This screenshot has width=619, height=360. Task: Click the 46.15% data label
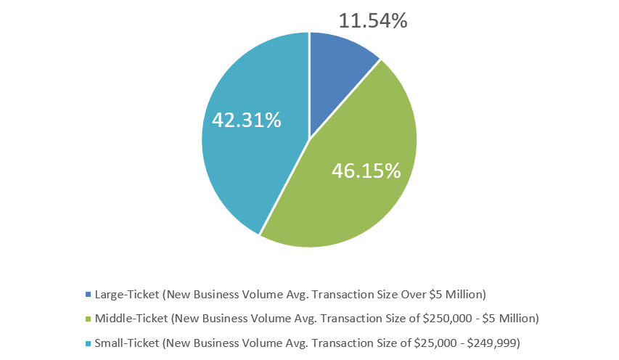click(366, 171)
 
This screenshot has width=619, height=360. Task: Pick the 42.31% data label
click(246, 120)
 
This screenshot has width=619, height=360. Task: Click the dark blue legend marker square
click(89, 295)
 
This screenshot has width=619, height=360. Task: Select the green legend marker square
click(89, 318)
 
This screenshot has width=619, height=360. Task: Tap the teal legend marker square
click(89, 341)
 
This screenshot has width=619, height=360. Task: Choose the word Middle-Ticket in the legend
click(131, 318)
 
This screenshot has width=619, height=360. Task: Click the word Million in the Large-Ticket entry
click(463, 295)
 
